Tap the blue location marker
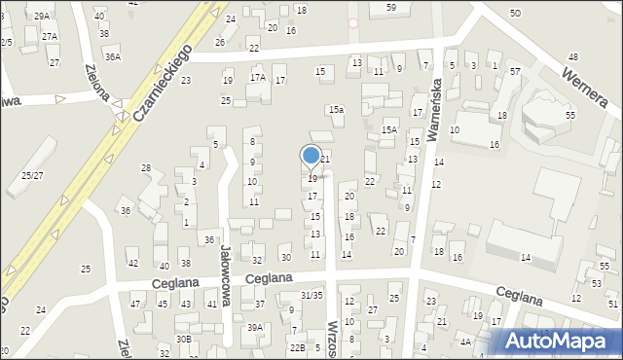[x=311, y=156]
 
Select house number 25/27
[x=32, y=175]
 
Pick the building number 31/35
[x=311, y=295]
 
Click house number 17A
[x=257, y=77]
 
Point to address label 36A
[x=113, y=57]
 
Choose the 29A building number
[x=41, y=17]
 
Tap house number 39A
[x=255, y=328]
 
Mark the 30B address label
[x=183, y=339]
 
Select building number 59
[x=390, y=8]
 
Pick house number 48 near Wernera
[x=572, y=58]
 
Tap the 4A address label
[x=465, y=342]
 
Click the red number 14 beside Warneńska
[x=439, y=162]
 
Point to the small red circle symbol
[x=352, y=22]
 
